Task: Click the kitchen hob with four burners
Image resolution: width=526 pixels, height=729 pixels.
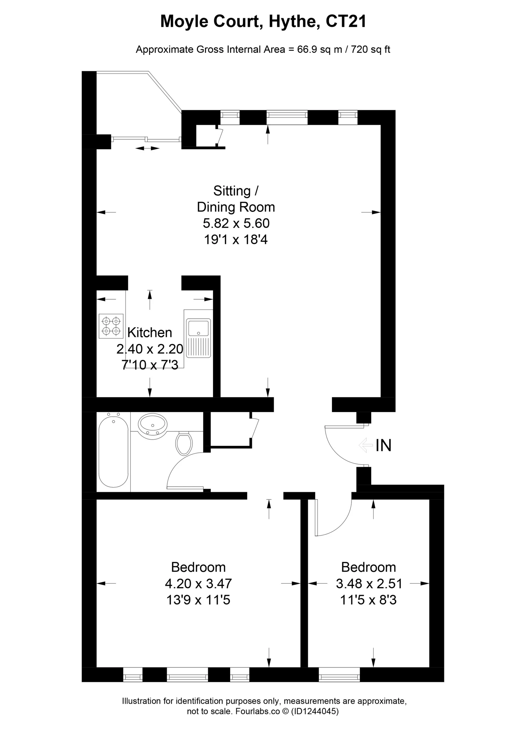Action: [x=111, y=326]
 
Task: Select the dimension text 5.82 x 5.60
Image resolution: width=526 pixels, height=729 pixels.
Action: [x=236, y=223]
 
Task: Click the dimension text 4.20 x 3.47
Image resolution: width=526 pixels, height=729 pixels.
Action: [x=198, y=583]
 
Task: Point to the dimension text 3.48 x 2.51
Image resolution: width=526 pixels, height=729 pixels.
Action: [x=369, y=583]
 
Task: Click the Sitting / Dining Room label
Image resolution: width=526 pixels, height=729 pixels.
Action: [x=236, y=199]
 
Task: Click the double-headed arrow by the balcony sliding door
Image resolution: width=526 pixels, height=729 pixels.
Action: [x=147, y=148]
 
